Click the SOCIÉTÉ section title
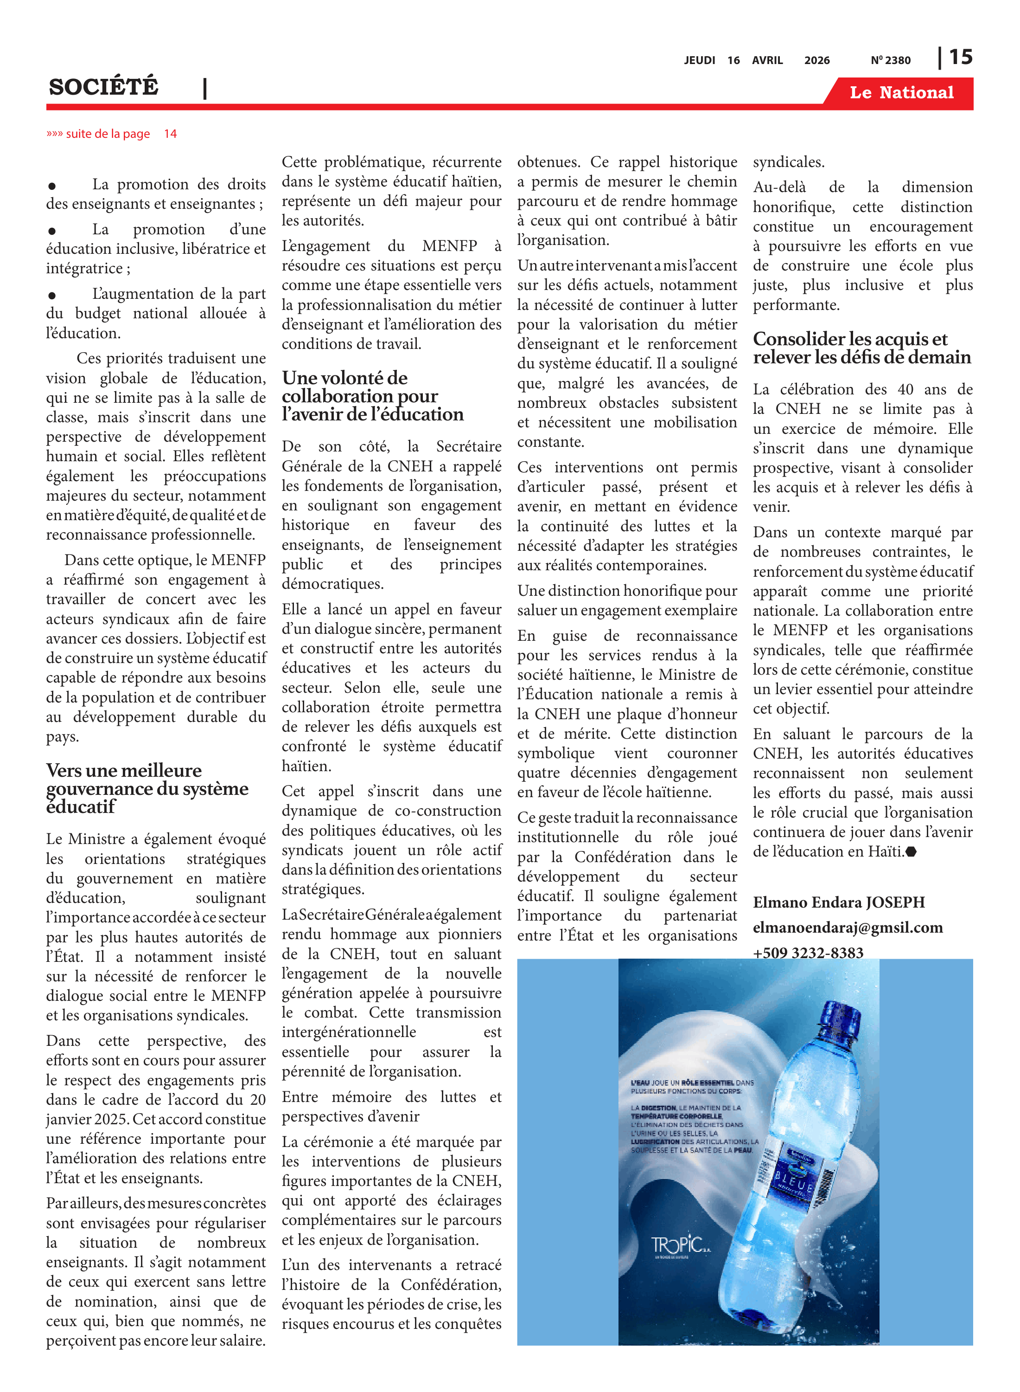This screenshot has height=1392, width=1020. click(103, 86)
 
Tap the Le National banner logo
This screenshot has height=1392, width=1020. click(901, 93)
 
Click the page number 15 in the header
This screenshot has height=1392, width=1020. click(960, 58)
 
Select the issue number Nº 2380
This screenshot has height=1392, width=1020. click(890, 60)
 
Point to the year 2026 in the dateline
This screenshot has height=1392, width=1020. click(816, 60)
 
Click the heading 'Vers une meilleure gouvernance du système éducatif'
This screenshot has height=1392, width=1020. click(147, 788)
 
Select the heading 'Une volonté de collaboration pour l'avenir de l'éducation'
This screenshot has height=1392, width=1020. click(372, 396)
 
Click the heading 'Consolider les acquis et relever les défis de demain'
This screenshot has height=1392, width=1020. click(861, 348)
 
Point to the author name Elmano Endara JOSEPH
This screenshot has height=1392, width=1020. click(838, 902)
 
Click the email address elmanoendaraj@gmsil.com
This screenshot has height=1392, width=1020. click(847, 928)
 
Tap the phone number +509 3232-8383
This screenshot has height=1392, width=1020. click(808, 952)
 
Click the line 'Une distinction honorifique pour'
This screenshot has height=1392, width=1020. click(627, 591)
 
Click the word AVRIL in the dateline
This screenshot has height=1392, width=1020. click(767, 60)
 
